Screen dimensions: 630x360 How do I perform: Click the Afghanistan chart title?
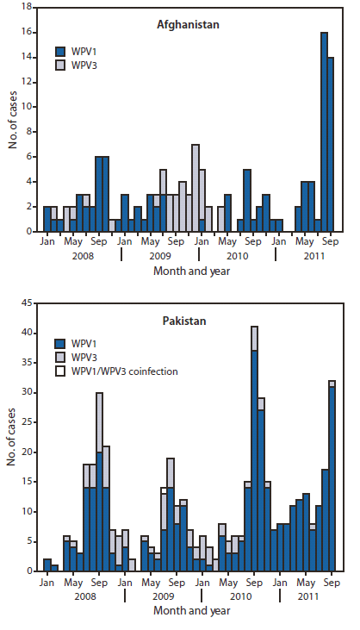(191, 25)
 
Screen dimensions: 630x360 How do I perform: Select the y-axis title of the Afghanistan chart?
(14, 120)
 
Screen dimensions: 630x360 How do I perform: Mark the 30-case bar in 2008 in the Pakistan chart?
(100, 482)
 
